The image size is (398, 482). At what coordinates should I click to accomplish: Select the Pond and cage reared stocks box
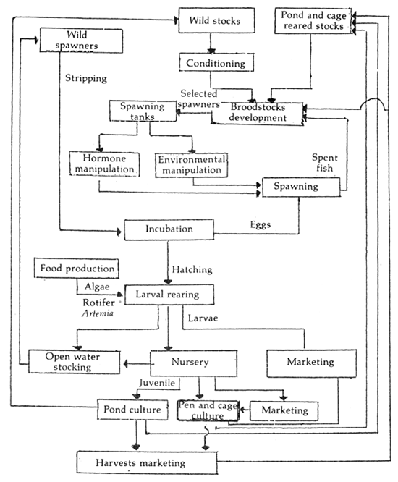click(316, 21)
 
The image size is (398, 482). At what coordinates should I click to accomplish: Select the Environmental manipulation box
click(191, 164)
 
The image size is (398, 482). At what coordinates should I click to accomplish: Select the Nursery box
click(193, 361)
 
